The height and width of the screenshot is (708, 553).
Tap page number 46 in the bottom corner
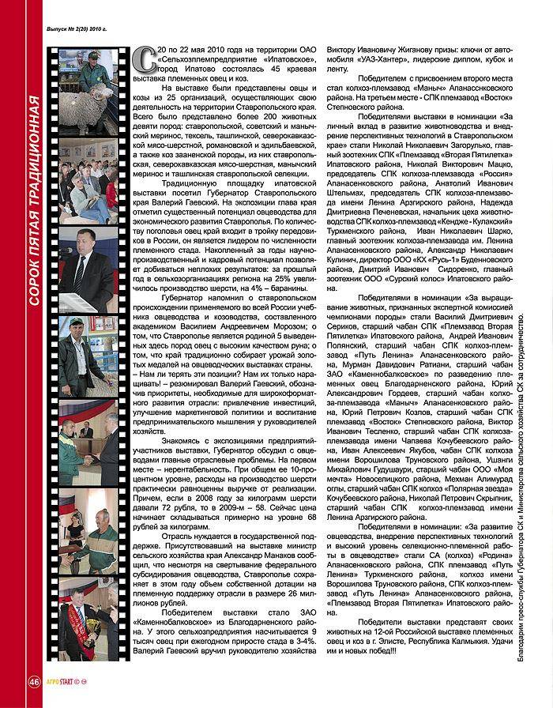coord(34,683)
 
